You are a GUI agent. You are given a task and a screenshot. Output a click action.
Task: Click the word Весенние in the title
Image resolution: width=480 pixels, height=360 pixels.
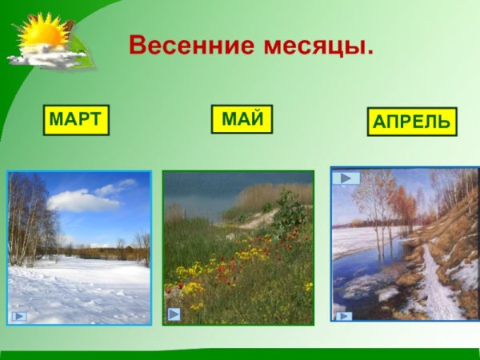click(192, 46)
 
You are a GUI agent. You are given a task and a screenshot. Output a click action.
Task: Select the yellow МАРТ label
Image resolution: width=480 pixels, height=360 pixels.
click(75, 119)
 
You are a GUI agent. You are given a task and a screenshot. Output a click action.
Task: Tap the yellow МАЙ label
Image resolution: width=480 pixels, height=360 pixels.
click(242, 119)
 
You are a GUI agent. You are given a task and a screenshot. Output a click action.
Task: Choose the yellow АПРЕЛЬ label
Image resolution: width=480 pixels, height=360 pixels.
click(412, 122)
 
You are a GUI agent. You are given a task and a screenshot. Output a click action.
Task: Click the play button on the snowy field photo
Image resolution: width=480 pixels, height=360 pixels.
click(20, 316)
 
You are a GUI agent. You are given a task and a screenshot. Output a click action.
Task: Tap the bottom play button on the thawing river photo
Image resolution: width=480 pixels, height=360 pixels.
click(344, 316)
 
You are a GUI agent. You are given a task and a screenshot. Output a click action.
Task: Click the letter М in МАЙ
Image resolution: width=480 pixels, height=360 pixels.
click(230, 119)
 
